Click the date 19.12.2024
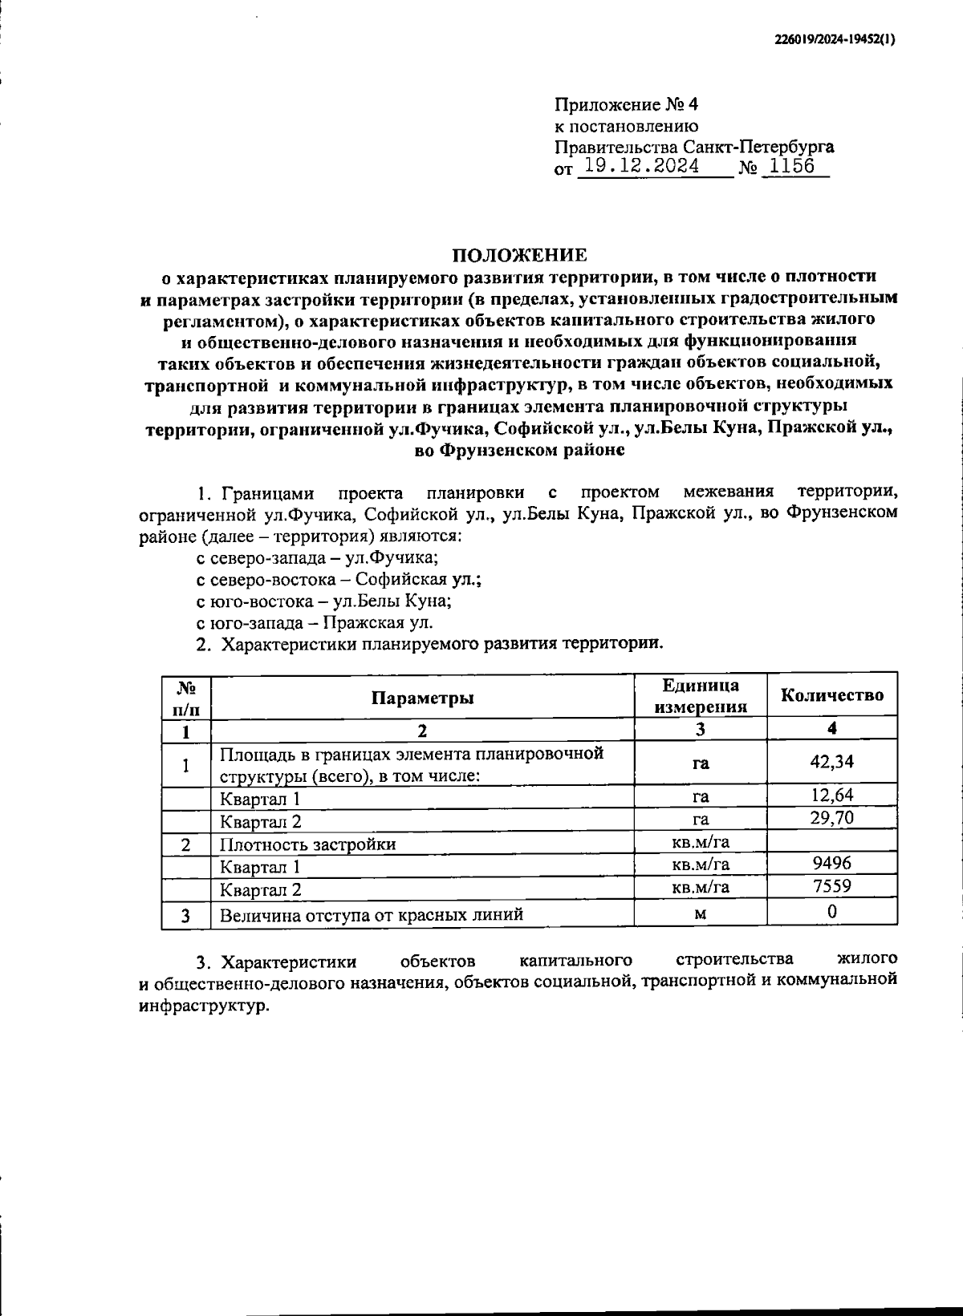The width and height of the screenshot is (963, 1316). [x=641, y=166]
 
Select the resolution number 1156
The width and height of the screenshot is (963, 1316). [x=791, y=166]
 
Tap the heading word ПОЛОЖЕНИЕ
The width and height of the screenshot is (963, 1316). [x=519, y=255]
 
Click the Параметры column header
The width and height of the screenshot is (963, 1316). [x=422, y=697]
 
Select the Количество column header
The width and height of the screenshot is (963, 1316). [x=832, y=695]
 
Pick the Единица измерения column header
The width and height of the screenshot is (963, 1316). [x=701, y=696]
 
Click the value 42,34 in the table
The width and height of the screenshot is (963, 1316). [x=832, y=761]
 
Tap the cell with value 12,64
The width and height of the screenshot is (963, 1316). [x=832, y=795]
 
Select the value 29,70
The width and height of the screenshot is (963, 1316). [x=832, y=818]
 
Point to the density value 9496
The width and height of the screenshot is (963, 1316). [x=832, y=863]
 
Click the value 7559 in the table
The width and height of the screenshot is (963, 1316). [x=832, y=886]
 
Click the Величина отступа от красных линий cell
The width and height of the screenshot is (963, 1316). [x=372, y=914]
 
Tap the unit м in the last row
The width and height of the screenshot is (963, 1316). [x=701, y=913]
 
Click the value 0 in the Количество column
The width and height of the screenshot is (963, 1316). [x=832, y=912]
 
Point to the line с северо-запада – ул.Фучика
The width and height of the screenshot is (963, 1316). [x=317, y=557]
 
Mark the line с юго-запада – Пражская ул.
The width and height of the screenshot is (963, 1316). [x=315, y=622]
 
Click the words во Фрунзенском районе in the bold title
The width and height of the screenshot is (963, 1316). [x=519, y=451]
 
